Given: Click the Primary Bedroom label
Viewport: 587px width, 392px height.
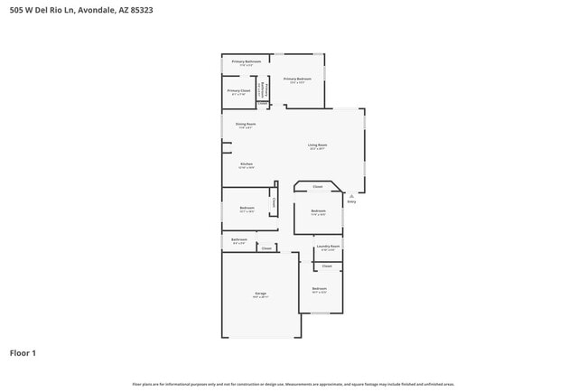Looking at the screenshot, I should pyautogui.click(x=297, y=79).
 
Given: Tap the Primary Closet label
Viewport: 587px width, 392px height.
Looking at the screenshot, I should pyautogui.click(x=238, y=90).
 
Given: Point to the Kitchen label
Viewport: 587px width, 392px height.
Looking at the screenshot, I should pyautogui.click(x=246, y=163).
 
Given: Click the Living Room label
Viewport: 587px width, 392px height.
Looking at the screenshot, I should pyautogui.click(x=317, y=145).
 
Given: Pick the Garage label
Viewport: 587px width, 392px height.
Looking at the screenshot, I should pyautogui.click(x=260, y=294).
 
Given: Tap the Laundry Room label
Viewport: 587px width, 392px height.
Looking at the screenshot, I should pyautogui.click(x=327, y=246).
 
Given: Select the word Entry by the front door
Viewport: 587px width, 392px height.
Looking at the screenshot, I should pyautogui.click(x=352, y=201).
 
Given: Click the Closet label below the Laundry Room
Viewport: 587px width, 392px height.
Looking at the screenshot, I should pyautogui.click(x=327, y=266).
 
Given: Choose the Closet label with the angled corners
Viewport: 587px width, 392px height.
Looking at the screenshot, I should pyautogui.click(x=317, y=187).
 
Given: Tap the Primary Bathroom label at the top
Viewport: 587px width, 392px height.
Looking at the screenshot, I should pyautogui.click(x=240, y=61).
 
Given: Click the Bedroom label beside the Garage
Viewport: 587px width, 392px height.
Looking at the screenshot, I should pyautogui.click(x=318, y=289).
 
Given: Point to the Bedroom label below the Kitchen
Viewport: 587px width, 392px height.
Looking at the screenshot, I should pyautogui.click(x=247, y=208).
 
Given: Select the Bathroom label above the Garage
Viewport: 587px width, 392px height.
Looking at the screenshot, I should pyautogui.click(x=239, y=239).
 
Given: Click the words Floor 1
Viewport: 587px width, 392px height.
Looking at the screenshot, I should pyautogui.click(x=23, y=352).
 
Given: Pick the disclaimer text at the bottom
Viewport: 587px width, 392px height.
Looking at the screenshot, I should pyautogui.click(x=293, y=383).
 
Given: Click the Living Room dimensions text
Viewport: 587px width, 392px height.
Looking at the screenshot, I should pyautogui.click(x=317, y=149).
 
